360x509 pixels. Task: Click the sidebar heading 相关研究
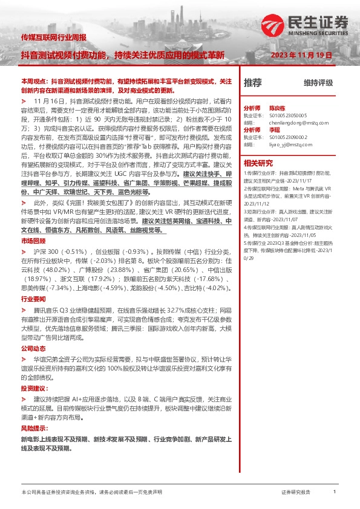pyautogui.click(x=258, y=163)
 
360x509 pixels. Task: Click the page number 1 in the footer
pyautogui.click(x=334, y=493)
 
